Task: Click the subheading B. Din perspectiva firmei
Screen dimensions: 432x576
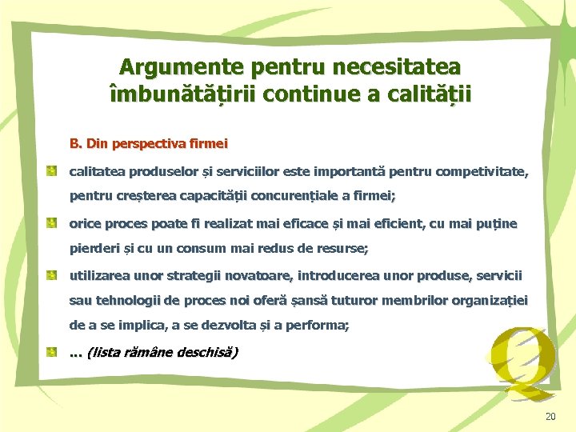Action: [149, 144]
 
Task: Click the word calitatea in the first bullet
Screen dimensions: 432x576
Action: [98, 170]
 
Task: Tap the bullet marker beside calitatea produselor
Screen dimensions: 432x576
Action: [50, 170]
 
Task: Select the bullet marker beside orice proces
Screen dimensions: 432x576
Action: [50, 222]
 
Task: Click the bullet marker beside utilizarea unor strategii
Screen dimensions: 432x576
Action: [50, 275]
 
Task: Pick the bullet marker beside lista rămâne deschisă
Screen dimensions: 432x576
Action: [50, 351]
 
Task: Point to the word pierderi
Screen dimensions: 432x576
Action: [94, 249]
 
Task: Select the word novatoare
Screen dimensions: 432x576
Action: [258, 275]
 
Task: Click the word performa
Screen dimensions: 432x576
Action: [320, 326]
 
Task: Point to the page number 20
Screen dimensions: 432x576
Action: [549, 416]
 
